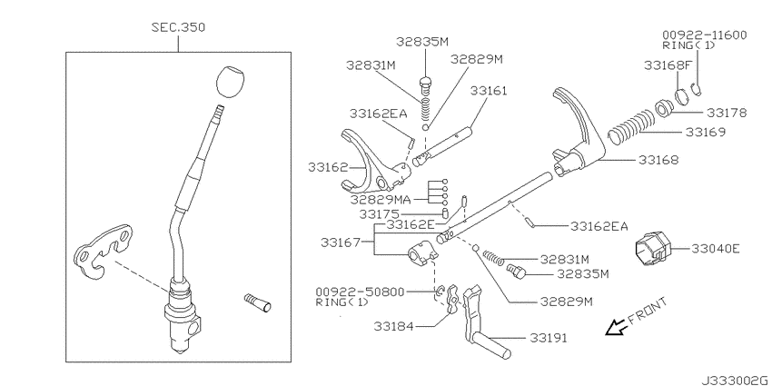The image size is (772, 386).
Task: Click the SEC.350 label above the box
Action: [x=178, y=27]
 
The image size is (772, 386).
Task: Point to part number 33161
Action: [x=489, y=91]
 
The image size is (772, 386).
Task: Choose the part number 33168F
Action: [x=667, y=65]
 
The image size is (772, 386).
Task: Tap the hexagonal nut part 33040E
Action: [x=653, y=247]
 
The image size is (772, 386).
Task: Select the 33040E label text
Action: [x=716, y=247]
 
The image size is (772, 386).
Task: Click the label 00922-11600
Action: [x=705, y=35]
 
